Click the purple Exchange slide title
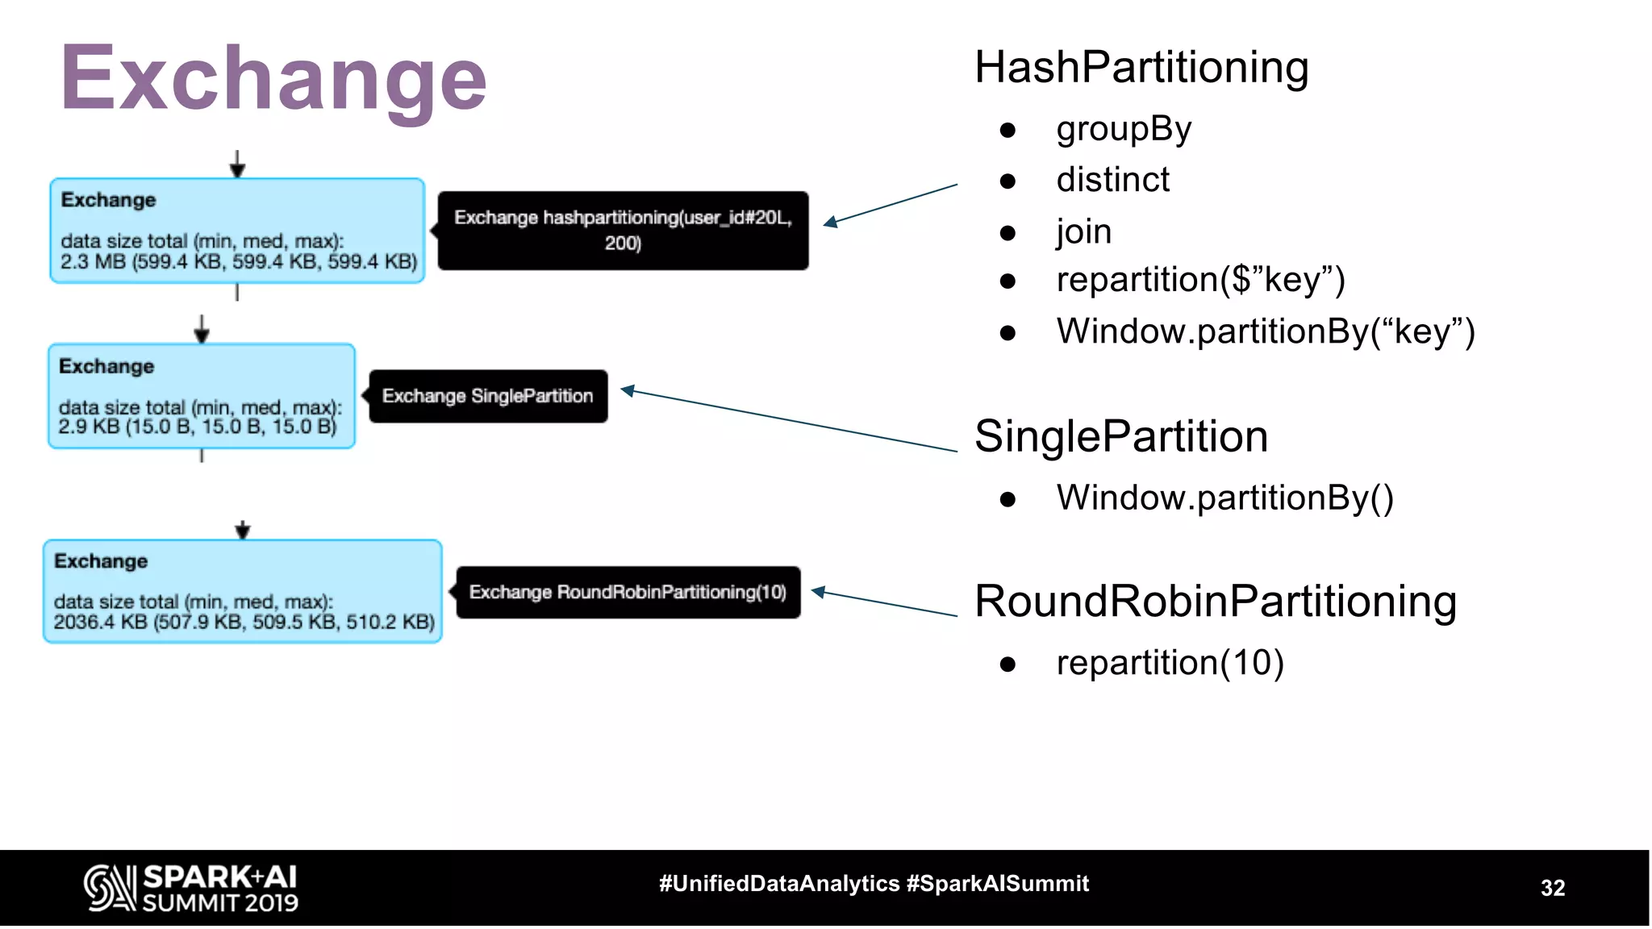[273, 79]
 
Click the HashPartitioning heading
[1141, 67]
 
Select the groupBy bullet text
[1124, 129]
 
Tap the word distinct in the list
[1112, 180]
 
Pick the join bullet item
[1083, 231]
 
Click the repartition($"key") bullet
[1200, 280]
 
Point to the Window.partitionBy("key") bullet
[1265, 331]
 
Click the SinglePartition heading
[1120, 436]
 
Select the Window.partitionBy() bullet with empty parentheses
[1224, 498]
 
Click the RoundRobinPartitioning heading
[1215, 602]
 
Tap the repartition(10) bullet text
[1170, 663]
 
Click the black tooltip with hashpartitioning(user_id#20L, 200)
[623, 230]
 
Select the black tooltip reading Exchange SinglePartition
[488, 396]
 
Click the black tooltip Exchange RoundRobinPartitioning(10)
[628, 592]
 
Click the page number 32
[1552, 888]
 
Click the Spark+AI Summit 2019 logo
[191, 888]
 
